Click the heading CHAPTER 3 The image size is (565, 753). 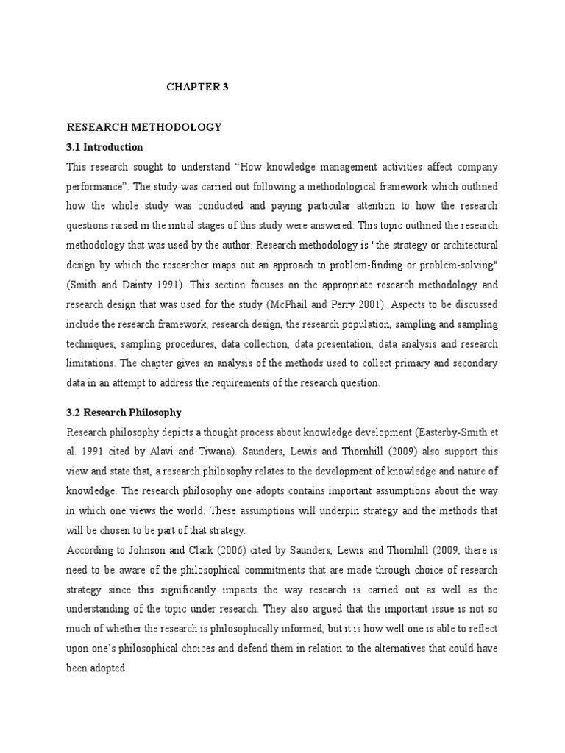click(198, 87)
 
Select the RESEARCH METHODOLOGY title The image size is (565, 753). click(144, 127)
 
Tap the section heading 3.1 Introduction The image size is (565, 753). click(104, 147)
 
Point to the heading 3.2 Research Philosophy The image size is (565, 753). click(124, 413)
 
